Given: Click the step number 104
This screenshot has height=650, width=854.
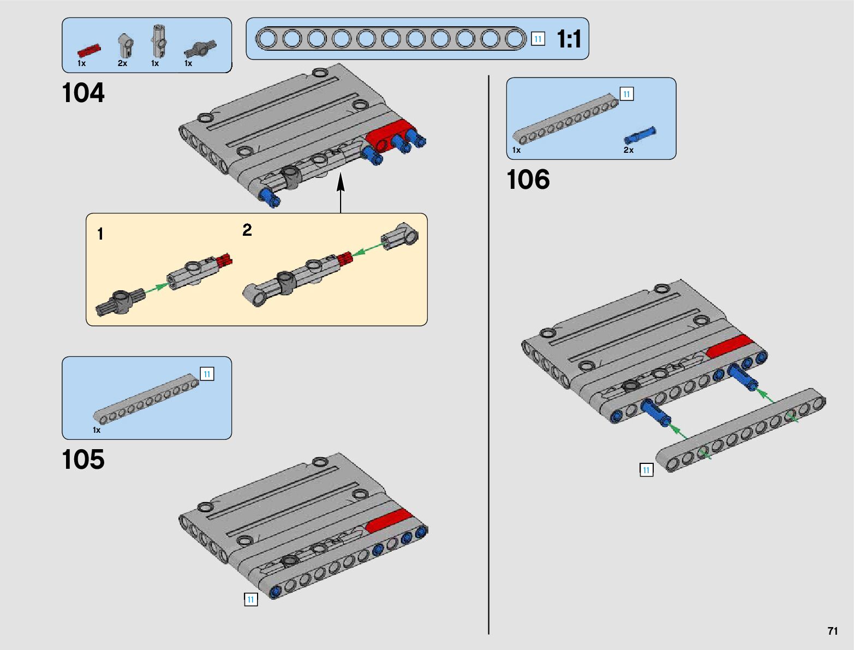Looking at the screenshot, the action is tap(83, 93).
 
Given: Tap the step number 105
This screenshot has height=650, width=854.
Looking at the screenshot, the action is tap(83, 459).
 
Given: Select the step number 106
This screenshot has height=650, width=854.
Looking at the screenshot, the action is tap(528, 180).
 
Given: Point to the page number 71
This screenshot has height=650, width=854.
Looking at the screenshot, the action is tap(833, 631).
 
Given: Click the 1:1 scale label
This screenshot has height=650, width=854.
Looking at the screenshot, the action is tap(569, 39).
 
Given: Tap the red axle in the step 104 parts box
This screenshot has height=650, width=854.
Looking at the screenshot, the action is tap(89, 51).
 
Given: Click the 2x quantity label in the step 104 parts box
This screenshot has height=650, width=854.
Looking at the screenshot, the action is tap(123, 63).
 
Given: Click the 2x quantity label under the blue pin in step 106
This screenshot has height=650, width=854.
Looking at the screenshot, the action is tap(628, 150).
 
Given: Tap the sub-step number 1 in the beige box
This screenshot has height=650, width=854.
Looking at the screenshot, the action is tap(100, 234).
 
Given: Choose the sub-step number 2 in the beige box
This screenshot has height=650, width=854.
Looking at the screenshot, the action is tap(247, 230).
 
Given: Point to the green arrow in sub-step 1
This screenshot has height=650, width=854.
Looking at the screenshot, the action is tap(156, 288).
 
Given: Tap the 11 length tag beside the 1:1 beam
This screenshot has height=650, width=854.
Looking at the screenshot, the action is tap(538, 39).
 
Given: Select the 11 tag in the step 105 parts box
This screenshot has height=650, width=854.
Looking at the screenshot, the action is tap(207, 374).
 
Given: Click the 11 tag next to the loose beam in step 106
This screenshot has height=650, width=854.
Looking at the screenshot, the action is tap(646, 470).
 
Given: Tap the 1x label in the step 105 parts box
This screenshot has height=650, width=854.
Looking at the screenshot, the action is tap(97, 430).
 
